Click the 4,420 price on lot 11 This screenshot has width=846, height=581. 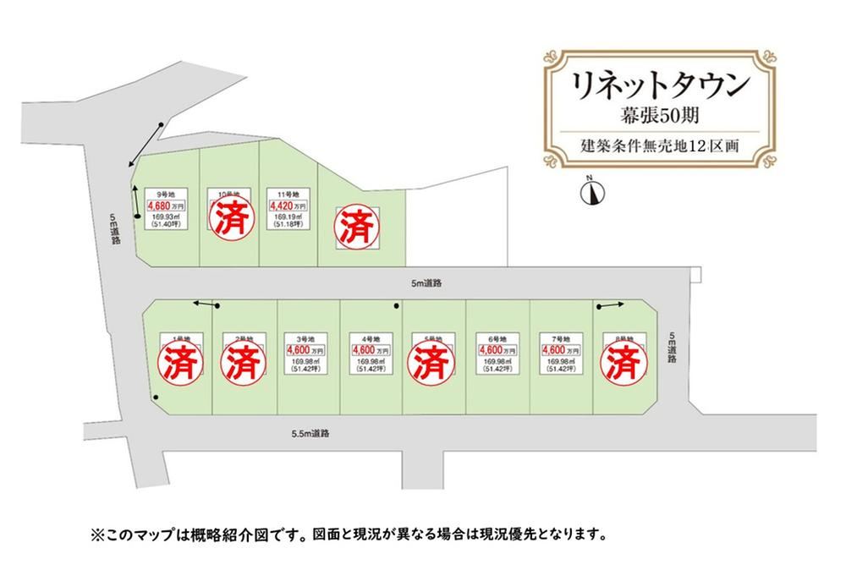coord(280,206)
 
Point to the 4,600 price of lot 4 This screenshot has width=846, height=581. coord(367,349)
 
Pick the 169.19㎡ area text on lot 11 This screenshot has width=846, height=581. coord(283,217)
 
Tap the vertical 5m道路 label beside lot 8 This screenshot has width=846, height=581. coord(673,347)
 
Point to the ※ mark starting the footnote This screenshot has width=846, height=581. coord(96,535)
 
